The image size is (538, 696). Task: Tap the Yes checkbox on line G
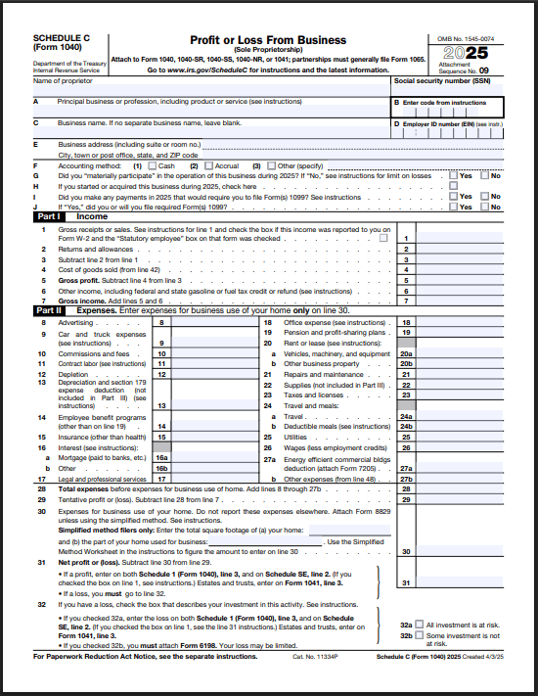pos(453,175)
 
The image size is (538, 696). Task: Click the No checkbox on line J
pos(484,207)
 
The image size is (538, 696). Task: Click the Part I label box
pos(45,216)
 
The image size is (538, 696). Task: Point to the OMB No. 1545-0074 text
pos(468,37)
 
